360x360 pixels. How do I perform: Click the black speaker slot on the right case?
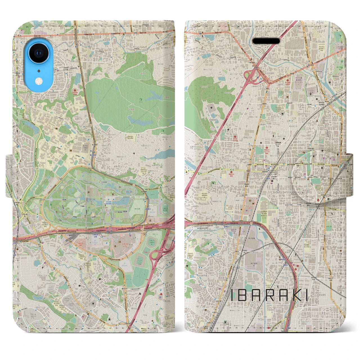tap(266, 41)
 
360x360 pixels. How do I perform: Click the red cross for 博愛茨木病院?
tap(231, 172)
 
